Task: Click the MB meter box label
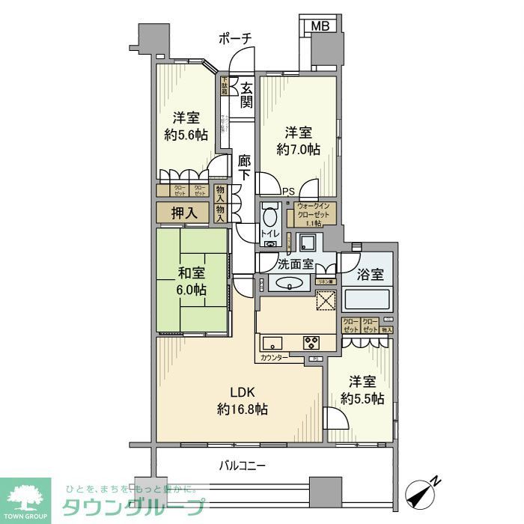coord(320,25)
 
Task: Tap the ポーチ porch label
coord(235,38)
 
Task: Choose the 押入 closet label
coord(184,213)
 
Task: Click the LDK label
coord(243,392)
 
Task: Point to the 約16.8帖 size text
coord(243,409)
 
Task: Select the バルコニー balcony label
coord(243,465)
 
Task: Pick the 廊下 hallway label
coord(244,168)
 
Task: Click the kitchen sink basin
coord(272,343)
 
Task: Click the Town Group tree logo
coord(25,497)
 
